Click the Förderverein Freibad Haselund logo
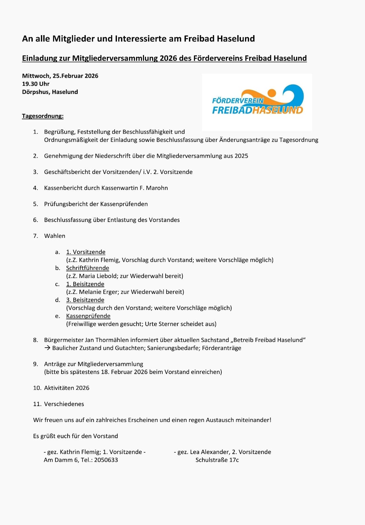coord(257,102)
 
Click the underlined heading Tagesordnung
coord(43,116)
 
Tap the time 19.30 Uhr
coord(36,84)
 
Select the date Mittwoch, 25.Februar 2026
coord(60,76)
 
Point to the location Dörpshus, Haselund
coord(50,92)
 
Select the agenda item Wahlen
coord(54,236)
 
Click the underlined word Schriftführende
coord(88,268)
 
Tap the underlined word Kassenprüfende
coord(88,316)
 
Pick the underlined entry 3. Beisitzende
coord(85,300)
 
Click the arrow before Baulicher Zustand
coord(47,348)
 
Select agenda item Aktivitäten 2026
coord(67,388)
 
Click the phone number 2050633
coord(106,460)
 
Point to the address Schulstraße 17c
coord(217,460)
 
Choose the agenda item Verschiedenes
coord(64,404)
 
